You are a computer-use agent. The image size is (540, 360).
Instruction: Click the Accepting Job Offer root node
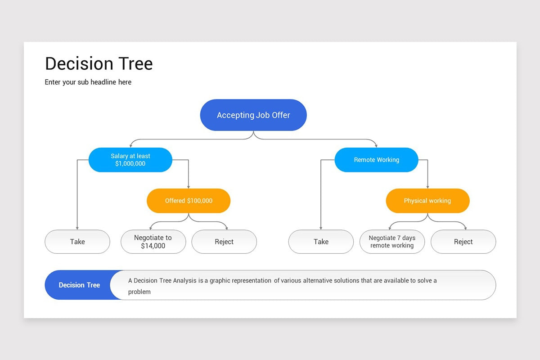point(253,115)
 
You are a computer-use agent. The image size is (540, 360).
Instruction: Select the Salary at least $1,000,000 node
point(130,160)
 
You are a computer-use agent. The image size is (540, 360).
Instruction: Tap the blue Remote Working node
point(376,160)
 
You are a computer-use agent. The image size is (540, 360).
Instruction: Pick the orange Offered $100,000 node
point(189,201)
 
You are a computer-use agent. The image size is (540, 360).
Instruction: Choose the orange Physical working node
point(427,201)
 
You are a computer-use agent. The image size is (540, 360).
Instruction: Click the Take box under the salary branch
point(77,242)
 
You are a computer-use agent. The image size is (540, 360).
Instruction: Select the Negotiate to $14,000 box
point(153,242)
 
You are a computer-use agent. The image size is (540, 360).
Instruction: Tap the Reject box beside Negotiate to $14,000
point(224,242)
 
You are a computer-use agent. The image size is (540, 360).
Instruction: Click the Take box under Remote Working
point(321,242)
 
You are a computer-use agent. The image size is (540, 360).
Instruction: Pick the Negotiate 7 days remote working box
point(392,242)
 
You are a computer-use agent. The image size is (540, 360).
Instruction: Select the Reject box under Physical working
point(463,242)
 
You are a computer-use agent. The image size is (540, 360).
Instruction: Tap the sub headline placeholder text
point(88,82)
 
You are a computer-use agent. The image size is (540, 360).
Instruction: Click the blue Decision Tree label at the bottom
point(79,285)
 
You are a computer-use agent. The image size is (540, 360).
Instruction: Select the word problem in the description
point(139,292)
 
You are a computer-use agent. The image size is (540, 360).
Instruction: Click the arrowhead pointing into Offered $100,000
point(189,187)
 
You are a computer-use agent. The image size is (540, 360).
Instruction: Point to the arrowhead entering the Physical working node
point(427,187)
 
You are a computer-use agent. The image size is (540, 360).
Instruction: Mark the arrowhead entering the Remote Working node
point(376,146)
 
